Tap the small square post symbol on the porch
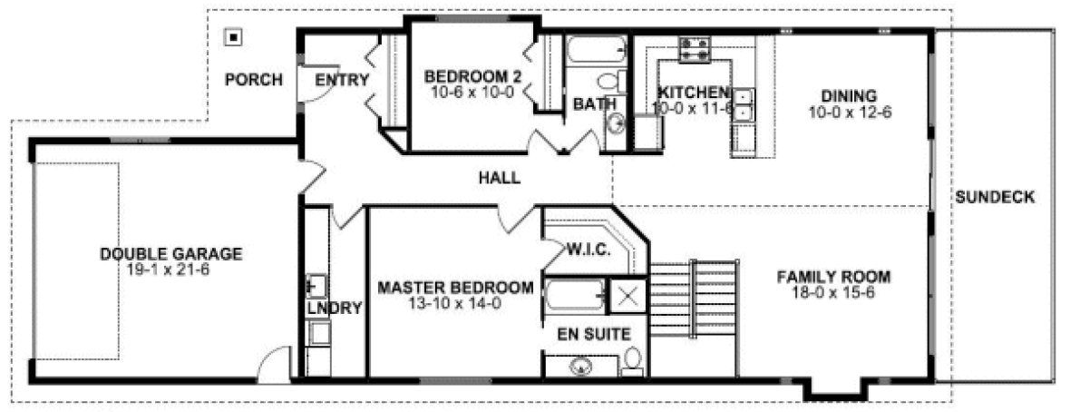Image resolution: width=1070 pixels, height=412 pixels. [234, 37]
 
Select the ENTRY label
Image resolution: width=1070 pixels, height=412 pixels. [342, 80]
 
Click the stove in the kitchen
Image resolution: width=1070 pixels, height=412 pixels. [695, 49]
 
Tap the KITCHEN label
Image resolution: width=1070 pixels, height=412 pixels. [694, 93]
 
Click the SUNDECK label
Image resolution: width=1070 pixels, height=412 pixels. [994, 197]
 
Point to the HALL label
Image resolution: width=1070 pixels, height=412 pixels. [500, 178]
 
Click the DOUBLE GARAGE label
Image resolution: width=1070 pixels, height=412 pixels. [170, 254]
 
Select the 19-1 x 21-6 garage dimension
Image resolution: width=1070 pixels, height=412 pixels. [170, 270]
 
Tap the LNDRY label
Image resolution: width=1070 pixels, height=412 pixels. [334, 309]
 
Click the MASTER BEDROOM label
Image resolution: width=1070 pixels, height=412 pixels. [455, 288]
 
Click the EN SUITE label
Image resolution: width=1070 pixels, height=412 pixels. [594, 334]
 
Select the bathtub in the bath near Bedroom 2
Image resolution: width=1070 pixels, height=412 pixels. [598, 49]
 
